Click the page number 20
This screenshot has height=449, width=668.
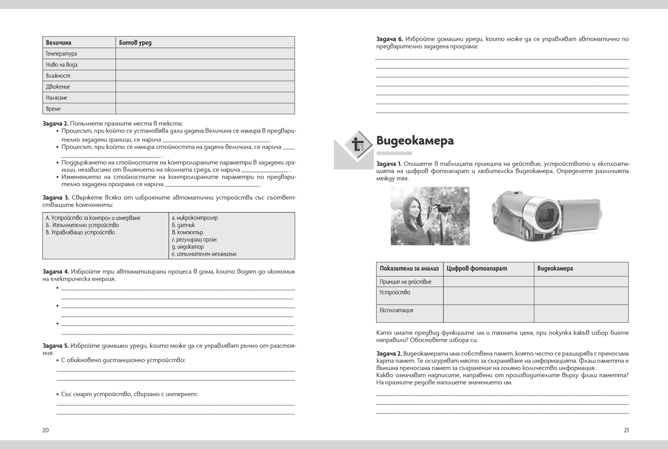(x=46, y=430)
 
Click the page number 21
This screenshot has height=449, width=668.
(x=626, y=430)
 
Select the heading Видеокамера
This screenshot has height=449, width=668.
(x=415, y=141)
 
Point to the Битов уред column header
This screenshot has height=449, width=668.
(x=135, y=42)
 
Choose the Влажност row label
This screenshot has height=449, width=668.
(x=58, y=76)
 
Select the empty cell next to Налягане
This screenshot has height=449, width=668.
(x=205, y=97)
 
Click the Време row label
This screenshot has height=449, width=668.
(x=53, y=108)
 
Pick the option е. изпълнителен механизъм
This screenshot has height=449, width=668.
(x=204, y=254)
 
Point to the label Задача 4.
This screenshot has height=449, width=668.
(x=56, y=271)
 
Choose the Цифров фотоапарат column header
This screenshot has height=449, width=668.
(x=477, y=269)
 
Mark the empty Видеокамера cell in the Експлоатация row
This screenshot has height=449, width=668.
(x=581, y=313)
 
